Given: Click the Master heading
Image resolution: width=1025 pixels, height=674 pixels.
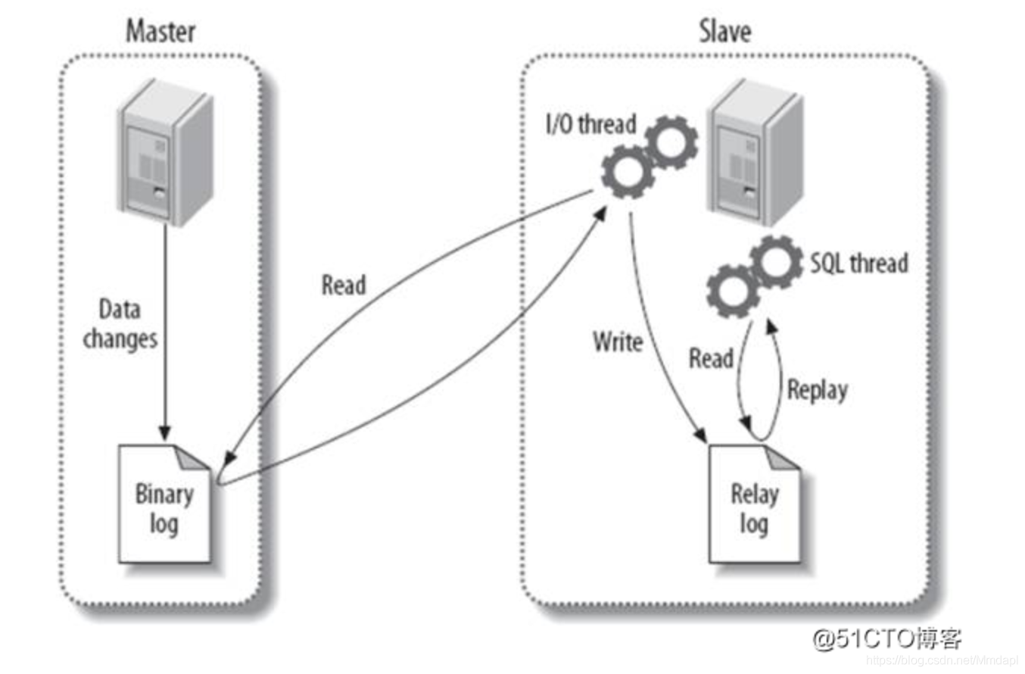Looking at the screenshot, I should point(160,32).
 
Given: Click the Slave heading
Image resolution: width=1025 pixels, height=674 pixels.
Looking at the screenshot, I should point(724,32).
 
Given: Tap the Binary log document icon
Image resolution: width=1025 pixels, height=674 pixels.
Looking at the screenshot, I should point(164,504).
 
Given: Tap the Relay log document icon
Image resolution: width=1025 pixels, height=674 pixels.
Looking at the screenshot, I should point(754,504).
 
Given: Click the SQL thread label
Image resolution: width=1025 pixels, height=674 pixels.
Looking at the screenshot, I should point(858,264).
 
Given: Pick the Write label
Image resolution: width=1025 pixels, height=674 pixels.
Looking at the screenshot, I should point(618,342).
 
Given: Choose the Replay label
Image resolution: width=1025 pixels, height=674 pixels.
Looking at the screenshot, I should point(817,389).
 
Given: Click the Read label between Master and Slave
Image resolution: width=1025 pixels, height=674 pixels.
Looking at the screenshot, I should point(344,286).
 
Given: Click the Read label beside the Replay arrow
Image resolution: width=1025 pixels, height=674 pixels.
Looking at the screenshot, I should point(710,358).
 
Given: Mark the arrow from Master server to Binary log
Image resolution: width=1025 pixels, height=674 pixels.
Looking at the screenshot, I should point(164,333).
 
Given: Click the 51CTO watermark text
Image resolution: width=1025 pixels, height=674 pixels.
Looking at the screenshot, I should point(886,638).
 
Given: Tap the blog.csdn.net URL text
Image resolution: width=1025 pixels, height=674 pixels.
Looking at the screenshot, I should point(942,660).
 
